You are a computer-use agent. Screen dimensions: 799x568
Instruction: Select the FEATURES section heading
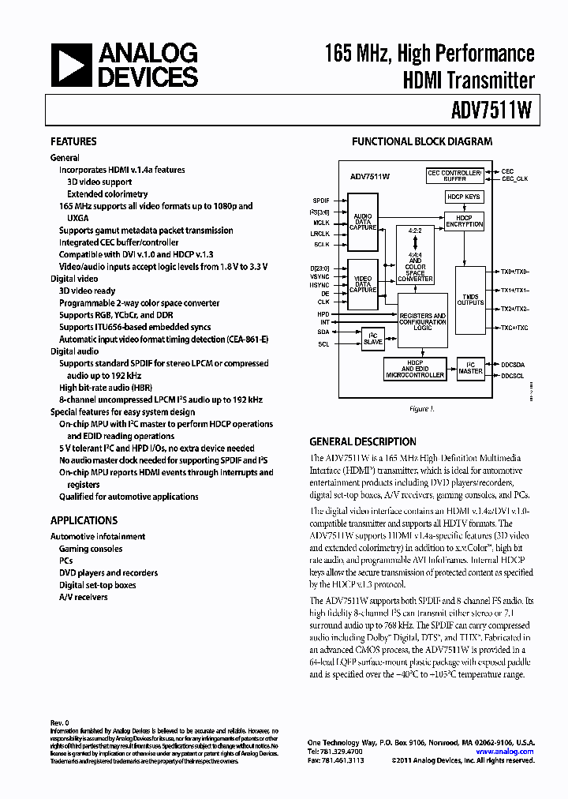73,142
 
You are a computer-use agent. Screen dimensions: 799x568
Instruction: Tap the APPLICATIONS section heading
84,520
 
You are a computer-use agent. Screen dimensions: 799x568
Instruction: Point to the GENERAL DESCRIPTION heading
363,442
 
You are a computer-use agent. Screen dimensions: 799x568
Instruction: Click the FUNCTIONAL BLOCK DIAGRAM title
422,142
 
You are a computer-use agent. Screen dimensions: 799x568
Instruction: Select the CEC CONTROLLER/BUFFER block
454,175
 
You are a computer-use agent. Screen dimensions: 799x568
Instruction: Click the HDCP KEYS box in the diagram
464,197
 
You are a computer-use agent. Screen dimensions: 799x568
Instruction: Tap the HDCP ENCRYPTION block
465,222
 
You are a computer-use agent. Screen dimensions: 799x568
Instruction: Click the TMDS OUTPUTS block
470,300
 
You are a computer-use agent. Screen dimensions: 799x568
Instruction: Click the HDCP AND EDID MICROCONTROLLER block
416,369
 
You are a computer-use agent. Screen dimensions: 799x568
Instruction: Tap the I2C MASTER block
471,368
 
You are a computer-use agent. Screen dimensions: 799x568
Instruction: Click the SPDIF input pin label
321,201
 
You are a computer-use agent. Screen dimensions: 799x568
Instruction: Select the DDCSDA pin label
513,365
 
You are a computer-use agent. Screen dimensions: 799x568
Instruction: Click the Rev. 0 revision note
60,722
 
